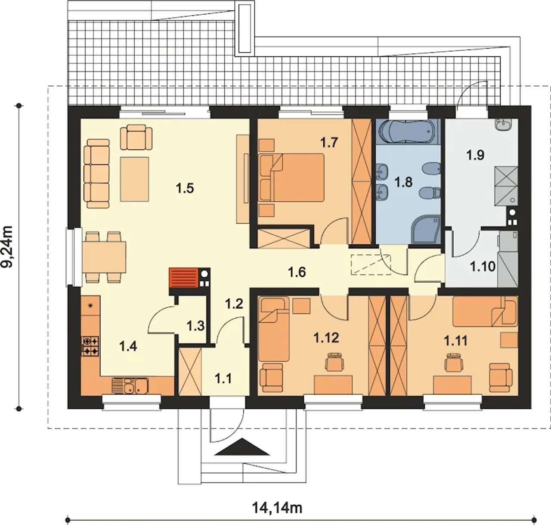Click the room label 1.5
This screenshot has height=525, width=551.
coord(185,188)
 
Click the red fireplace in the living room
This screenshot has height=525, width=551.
coord(183,278)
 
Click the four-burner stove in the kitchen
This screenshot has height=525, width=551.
coord(90,346)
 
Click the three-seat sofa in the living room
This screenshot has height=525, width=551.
coord(97,174)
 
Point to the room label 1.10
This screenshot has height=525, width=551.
coord(483,266)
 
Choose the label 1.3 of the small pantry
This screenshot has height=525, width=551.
coord(195,326)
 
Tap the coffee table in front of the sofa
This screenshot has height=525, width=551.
coord(135,179)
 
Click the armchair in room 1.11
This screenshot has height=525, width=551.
coord(501,378)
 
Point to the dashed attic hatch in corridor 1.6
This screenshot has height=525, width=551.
coord(371,265)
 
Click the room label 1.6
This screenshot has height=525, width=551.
coord(297,272)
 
